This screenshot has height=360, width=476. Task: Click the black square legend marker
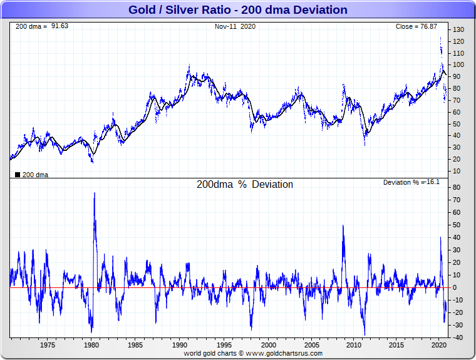point(17,175)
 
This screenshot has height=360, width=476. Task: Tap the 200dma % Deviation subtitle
point(244,185)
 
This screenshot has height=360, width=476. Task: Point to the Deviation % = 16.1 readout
point(411,182)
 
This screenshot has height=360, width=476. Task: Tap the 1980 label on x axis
point(91,345)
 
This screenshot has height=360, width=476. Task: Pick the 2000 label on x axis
point(269,345)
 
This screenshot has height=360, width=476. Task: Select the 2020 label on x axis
point(438,345)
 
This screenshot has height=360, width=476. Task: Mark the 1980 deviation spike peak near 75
point(95,193)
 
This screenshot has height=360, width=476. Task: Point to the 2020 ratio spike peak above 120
point(440,38)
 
